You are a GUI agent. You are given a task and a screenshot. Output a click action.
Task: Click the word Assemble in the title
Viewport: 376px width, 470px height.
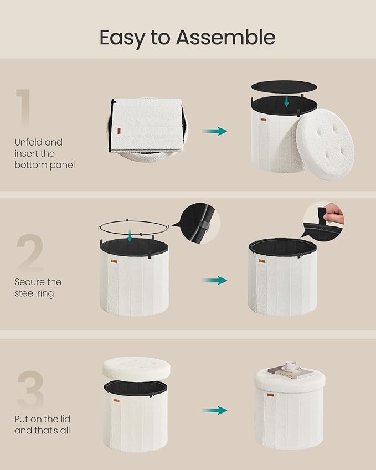point(225,38)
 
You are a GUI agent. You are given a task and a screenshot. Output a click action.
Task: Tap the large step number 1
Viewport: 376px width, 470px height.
point(24,108)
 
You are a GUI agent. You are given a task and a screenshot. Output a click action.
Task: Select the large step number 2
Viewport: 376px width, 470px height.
point(30,251)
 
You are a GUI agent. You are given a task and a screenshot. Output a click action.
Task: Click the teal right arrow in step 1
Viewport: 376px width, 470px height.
point(215,131)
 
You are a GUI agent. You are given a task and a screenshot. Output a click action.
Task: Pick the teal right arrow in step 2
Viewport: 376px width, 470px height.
point(215,281)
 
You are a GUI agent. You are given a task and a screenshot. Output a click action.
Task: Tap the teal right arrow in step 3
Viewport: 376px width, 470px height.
point(215,410)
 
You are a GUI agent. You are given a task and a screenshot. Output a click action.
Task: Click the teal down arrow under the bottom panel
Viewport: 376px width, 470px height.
point(286,101)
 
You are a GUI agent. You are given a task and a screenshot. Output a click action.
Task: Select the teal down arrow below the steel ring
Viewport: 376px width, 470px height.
point(130,236)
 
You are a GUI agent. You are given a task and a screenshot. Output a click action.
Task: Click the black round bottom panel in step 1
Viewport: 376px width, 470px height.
point(284,86)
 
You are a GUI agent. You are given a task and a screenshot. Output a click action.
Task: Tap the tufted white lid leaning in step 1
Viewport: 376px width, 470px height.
point(325,144)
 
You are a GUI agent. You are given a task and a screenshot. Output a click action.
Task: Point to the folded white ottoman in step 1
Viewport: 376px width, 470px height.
point(147,129)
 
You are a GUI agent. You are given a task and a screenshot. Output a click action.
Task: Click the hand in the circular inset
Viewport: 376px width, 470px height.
point(334,214)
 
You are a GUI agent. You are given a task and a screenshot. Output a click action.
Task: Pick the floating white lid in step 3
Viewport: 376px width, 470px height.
point(136,368)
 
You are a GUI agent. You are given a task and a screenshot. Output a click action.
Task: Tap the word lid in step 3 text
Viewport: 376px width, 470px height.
point(64,419)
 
